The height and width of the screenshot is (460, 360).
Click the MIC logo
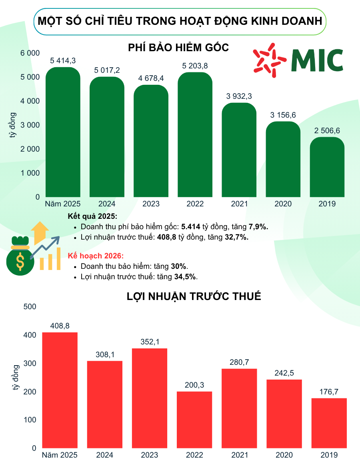click(298, 60)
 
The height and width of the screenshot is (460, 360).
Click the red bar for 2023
click(150, 398)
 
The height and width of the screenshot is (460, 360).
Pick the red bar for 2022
click(194, 420)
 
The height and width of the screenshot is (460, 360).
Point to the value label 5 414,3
click(63, 61)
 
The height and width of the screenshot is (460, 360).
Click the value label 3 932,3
click(239, 96)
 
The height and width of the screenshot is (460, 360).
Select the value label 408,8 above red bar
click(60, 326)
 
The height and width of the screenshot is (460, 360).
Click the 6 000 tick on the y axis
click(30, 53)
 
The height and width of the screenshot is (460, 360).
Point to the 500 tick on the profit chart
click(30, 307)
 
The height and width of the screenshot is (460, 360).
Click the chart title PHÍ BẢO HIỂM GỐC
click(178, 48)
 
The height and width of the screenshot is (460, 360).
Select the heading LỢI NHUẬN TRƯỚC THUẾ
click(194, 296)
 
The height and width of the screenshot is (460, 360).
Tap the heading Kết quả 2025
click(92, 216)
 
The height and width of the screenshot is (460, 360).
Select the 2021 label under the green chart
click(239, 204)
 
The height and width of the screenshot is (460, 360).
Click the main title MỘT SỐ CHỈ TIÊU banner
click(180, 21)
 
